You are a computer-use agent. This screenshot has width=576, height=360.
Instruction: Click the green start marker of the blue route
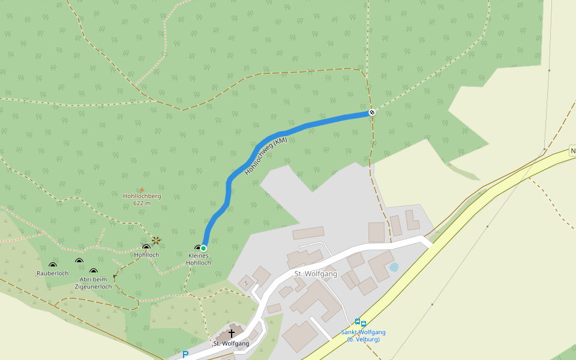click(203, 248)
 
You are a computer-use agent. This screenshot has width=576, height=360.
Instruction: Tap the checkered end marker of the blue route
click(372, 112)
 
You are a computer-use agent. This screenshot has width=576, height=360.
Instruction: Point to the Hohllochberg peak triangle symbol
click(142, 190)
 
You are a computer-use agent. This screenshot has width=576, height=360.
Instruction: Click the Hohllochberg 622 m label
click(142, 199)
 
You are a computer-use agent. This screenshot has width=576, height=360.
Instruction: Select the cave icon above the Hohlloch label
click(146, 247)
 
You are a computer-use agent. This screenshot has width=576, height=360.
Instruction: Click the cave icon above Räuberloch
click(52, 265)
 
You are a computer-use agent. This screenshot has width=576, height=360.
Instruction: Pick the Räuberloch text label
click(53, 274)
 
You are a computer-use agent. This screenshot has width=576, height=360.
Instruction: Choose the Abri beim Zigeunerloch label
click(93, 283)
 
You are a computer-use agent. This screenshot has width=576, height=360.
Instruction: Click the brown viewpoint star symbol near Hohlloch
click(156, 241)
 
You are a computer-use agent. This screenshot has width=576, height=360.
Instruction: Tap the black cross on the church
click(231, 333)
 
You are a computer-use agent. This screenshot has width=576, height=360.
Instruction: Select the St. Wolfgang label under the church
click(231, 344)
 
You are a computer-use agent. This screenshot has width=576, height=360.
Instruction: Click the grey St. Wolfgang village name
click(316, 274)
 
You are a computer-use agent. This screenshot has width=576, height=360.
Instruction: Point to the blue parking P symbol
click(185, 355)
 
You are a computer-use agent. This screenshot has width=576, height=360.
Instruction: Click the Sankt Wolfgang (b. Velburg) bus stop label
click(363, 336)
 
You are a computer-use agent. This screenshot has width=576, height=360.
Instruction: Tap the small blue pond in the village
click(394, 267)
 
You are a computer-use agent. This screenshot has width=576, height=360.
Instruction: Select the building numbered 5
click(246, 282)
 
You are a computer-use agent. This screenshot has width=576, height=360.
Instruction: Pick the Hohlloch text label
click(147, 255)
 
